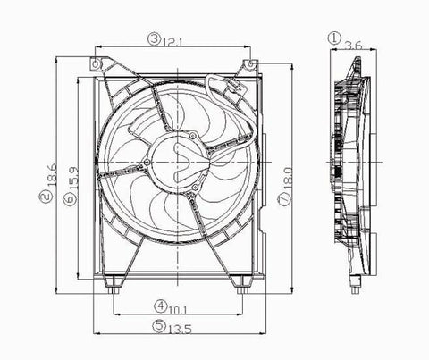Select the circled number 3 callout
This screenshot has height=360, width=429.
[x=155, y=38]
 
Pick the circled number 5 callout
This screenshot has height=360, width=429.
[x=156, y=328]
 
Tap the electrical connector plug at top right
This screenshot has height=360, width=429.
[x=234, y=89]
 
